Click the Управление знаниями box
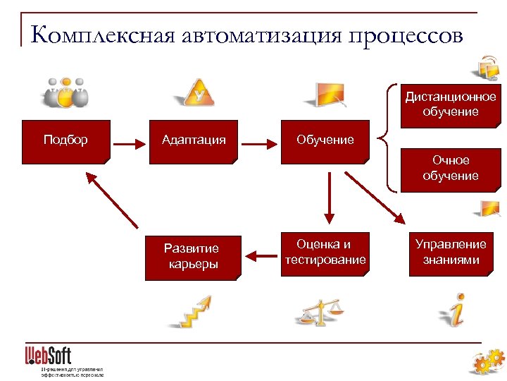pos(450,253)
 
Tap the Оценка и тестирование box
pos(325,253)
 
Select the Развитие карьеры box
pos(192,257)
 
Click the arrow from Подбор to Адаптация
pos(129,145)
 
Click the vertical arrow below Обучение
pos(327,198)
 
